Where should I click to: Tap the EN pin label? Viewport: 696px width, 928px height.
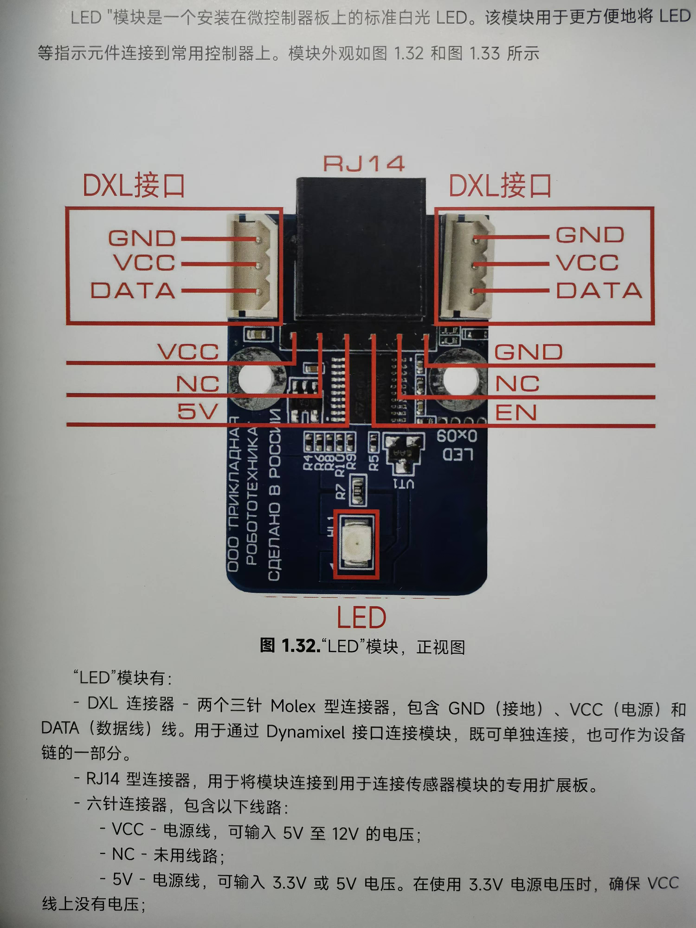[x=516, y=412]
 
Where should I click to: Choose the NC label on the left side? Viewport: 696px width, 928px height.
[x=197, y=384]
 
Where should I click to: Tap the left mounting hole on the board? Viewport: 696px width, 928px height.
[x=257, y=378]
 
